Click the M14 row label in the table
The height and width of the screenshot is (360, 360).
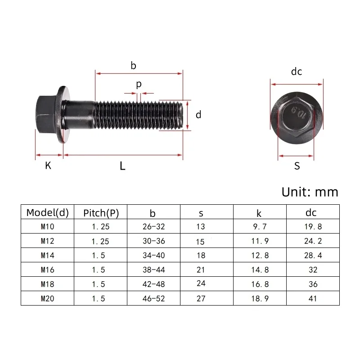pos(47,255)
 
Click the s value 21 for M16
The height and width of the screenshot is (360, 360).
pos(201,270)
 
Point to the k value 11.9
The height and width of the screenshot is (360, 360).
pos(260,241)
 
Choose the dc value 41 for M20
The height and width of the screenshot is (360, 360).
pos(313,298)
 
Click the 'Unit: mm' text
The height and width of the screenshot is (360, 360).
pos(309,192)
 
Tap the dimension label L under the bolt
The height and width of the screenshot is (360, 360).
pos(122,166)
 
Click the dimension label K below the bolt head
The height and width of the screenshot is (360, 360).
pos(48,166)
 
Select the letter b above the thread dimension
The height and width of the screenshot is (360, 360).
pos(133,66)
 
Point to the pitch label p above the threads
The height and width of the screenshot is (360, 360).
pos(139,84)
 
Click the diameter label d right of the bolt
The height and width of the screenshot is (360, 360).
pos(198,115)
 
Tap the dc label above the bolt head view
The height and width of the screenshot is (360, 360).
pos(296,72)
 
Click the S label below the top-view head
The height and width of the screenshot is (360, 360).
pos(297,166)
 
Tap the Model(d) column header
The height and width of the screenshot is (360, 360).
pos(47,212)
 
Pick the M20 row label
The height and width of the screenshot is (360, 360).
pos(47,298)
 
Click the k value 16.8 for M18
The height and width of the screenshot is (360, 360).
pos(260,284)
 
